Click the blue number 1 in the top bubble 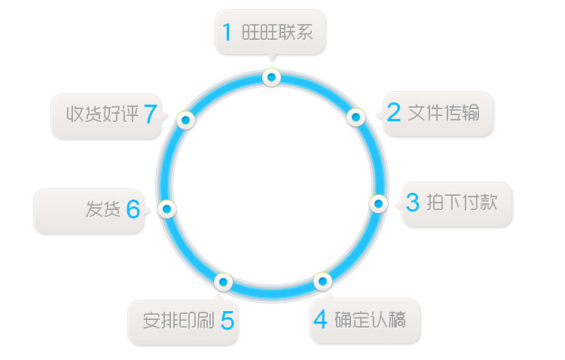227,32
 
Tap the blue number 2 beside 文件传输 394,113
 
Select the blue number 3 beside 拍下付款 413,203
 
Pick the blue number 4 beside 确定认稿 321,320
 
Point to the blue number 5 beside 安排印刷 227,321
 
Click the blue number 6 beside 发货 133,209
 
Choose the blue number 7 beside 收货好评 150,114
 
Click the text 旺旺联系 277,32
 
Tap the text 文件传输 444,113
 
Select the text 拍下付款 462,202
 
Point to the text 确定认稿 370,320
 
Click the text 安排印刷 179,320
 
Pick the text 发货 103,209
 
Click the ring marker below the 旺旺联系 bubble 271,77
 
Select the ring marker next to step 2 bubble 356,117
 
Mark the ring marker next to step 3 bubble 378,203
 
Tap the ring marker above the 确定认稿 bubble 322,282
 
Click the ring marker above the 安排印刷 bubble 222,282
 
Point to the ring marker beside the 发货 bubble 167,209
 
